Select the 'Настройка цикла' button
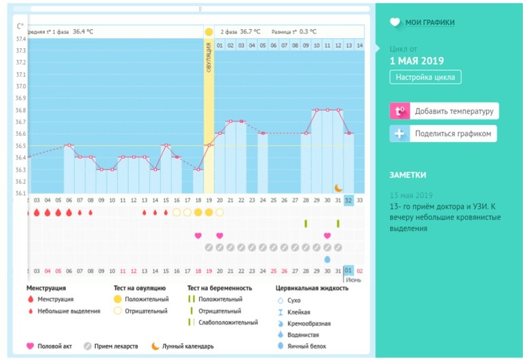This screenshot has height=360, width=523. click(425, 77)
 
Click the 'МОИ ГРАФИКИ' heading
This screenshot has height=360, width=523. click(430, 22)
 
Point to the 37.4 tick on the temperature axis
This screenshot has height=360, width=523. click(20, 39)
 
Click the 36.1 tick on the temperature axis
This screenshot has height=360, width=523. click(20, 193)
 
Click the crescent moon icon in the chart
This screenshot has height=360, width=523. click(338, 187)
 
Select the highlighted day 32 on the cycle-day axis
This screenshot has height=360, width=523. click(348, 200)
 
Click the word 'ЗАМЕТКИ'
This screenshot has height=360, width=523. click(408, 175)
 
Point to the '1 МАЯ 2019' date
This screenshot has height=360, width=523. click(416, 61)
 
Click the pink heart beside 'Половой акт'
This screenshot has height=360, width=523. click(31, 346)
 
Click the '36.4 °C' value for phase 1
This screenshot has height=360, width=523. click(83, 31)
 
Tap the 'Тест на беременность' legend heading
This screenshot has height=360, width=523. click(219, 288)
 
